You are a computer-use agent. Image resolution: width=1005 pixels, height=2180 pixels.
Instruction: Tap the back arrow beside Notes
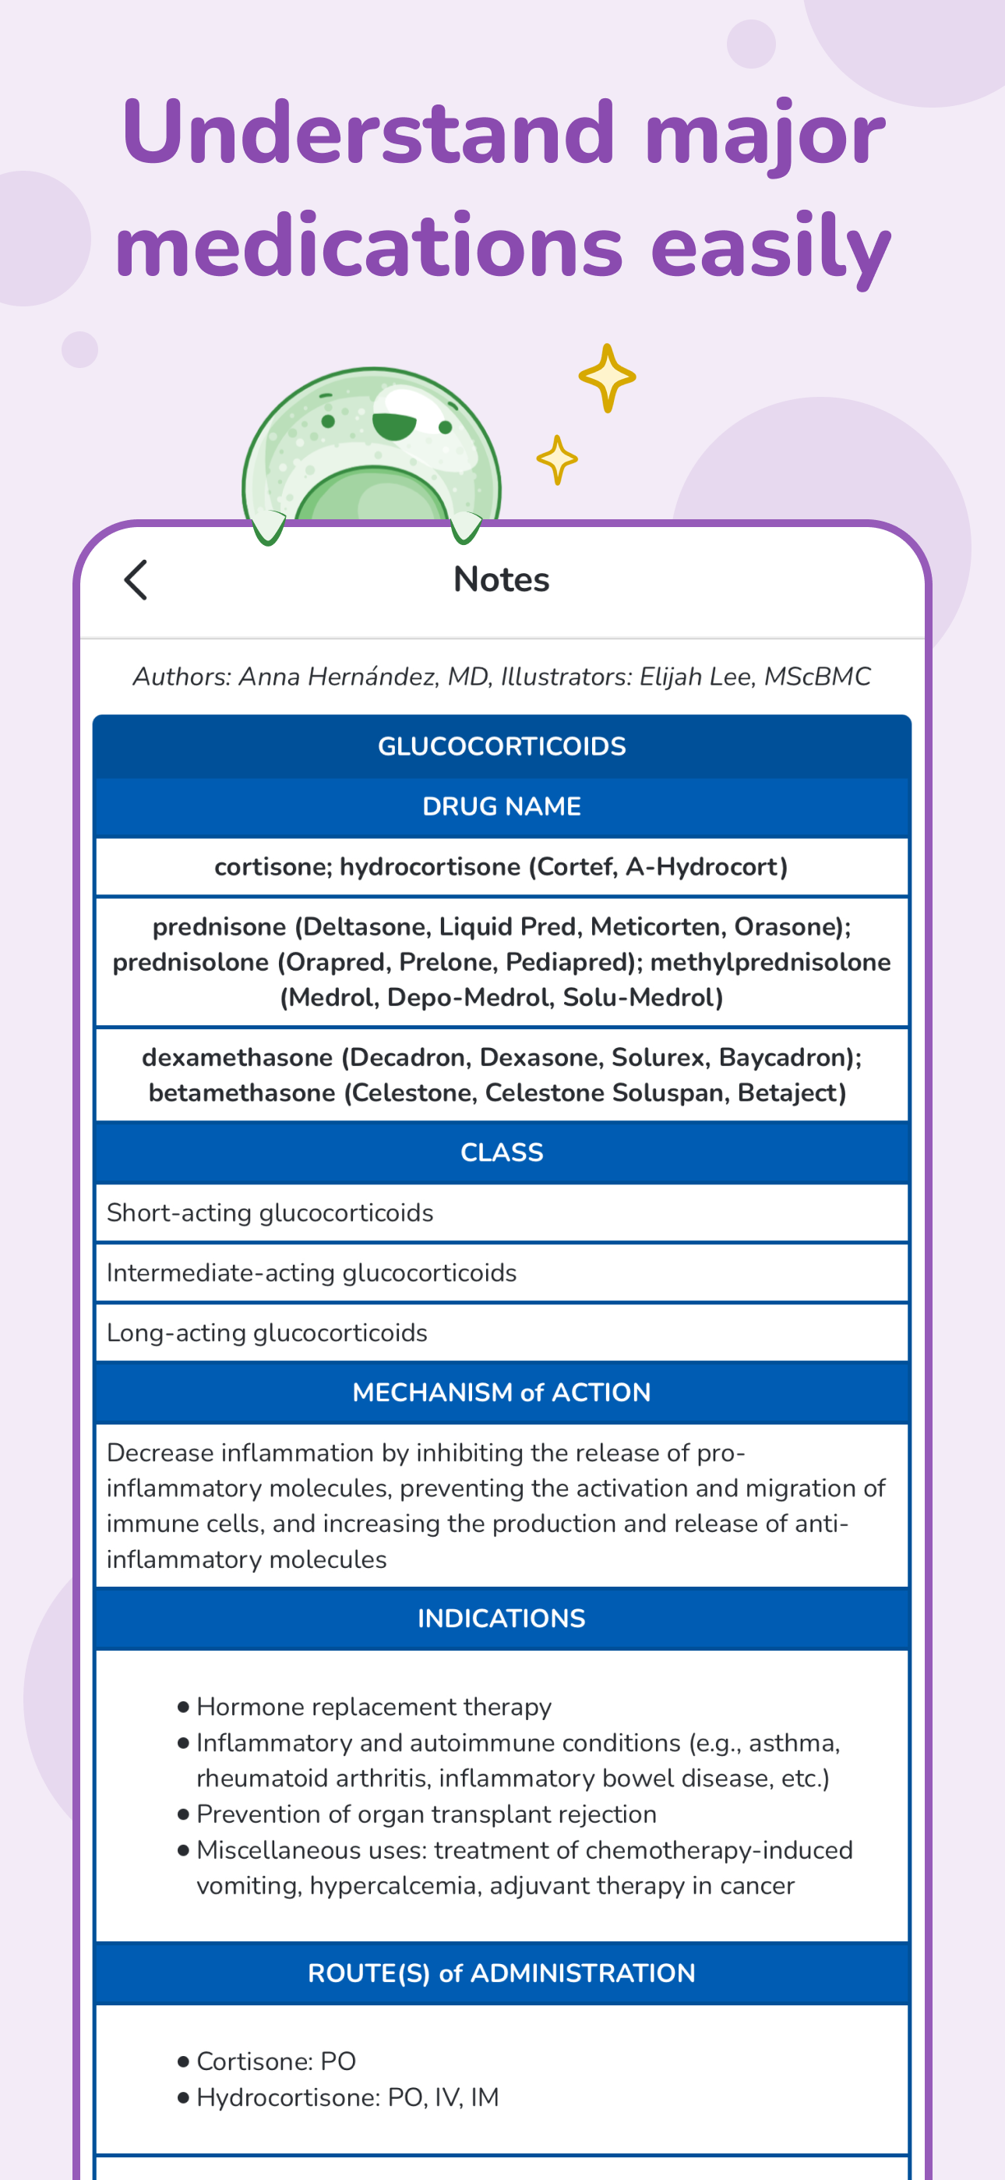click(136, 580)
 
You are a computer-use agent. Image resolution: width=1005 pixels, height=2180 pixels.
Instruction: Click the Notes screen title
click(502, 580)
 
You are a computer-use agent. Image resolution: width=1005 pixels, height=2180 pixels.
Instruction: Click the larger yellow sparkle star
click(607, 377)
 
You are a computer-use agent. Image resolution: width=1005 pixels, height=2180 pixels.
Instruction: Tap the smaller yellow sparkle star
click(556, 459)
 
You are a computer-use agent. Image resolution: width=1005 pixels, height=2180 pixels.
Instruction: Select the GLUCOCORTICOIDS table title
click(502, 746)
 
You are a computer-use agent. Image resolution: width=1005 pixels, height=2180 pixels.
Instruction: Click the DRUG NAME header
click(502, 806)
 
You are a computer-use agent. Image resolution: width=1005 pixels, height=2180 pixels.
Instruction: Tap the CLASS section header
click(502, 1152)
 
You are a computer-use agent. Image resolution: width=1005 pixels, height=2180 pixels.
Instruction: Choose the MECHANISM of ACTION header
click(502, 1392)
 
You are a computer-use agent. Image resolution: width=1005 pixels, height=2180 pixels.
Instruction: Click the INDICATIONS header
click(502, 1618)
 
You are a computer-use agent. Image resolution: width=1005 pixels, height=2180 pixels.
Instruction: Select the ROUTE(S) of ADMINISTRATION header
click(502, 1973)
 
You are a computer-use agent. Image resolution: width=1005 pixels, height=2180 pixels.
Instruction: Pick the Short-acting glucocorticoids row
click(270, 1212)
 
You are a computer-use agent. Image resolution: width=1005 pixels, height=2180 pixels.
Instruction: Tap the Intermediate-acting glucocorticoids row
click(312, 1272)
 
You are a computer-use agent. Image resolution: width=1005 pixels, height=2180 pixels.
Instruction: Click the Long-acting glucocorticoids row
click(267, 1333)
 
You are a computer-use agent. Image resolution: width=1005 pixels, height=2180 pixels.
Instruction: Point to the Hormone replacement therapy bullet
click(373, 1706)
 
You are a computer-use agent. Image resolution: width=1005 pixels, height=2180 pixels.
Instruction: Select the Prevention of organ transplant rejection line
click(426, 1814)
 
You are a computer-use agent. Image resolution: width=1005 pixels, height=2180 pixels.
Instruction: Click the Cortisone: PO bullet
click(276, 2061)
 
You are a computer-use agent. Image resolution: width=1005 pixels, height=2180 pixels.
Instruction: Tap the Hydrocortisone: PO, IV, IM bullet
click(347, 2097)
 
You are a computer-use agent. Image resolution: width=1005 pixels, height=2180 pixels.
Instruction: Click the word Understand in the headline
click(368, 133)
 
